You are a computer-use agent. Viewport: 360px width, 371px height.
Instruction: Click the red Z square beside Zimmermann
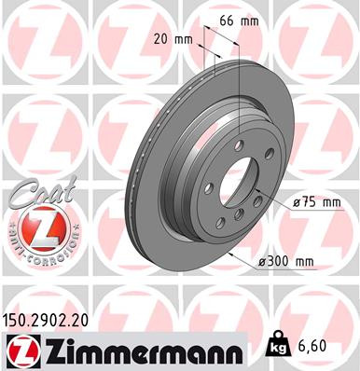click(x=20, y=350)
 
